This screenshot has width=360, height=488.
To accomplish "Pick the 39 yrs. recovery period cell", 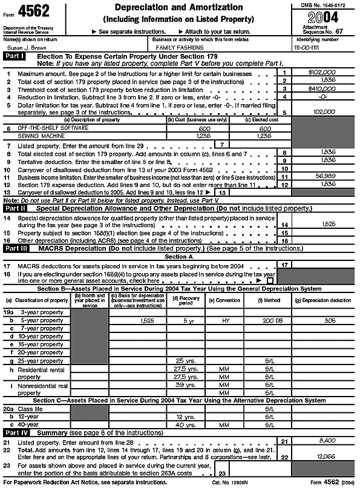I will (183, 384).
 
